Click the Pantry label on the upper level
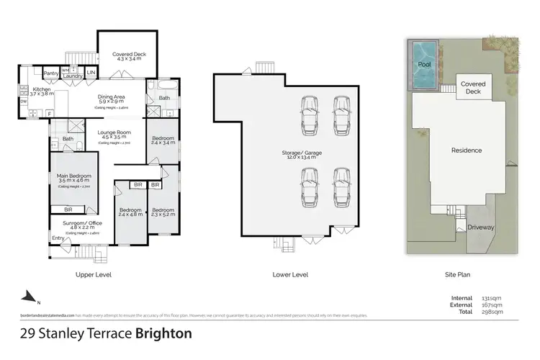point(50,73)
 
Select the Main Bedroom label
point(73,175)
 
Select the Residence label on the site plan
point(466,150)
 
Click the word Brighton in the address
point(162,333)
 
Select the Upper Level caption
point(93,274)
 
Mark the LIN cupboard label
point(90,73)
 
